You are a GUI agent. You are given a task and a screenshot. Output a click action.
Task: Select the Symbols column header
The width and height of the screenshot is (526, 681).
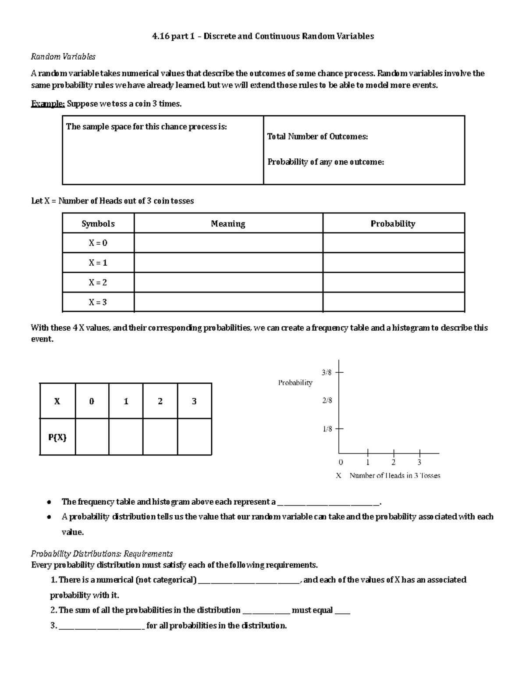98,224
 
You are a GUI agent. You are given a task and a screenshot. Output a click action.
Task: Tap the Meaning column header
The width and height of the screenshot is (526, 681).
228,224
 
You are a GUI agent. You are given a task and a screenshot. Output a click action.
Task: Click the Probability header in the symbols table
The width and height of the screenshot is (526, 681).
393,224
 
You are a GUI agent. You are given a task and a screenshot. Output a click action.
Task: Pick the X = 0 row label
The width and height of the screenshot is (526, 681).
98,243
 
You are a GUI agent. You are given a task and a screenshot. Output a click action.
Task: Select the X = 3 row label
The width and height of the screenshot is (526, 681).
98,302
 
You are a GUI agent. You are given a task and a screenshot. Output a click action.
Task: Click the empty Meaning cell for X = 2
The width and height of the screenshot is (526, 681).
228,282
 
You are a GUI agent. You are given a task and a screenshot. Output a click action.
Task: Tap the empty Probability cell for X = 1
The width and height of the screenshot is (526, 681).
393,263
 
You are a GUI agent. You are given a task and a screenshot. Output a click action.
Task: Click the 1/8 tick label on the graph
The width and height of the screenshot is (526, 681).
327,429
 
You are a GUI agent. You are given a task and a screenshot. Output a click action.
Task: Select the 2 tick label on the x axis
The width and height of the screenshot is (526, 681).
394,462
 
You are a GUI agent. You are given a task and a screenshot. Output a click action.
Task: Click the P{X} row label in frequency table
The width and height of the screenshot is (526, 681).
57,437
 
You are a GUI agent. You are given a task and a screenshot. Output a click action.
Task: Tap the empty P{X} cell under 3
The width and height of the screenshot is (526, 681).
195,437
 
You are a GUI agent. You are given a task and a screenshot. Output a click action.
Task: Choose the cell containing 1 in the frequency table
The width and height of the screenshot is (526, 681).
126,401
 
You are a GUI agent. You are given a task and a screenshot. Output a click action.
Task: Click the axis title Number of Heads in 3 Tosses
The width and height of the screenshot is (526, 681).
394,475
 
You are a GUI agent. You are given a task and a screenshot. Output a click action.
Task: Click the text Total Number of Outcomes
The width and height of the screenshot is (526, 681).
317,136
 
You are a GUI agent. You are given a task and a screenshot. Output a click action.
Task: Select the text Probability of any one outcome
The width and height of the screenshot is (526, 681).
326,162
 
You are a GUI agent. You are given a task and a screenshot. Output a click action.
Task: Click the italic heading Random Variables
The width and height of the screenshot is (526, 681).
63,57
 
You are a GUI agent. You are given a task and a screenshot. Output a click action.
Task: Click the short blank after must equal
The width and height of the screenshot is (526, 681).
342,611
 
